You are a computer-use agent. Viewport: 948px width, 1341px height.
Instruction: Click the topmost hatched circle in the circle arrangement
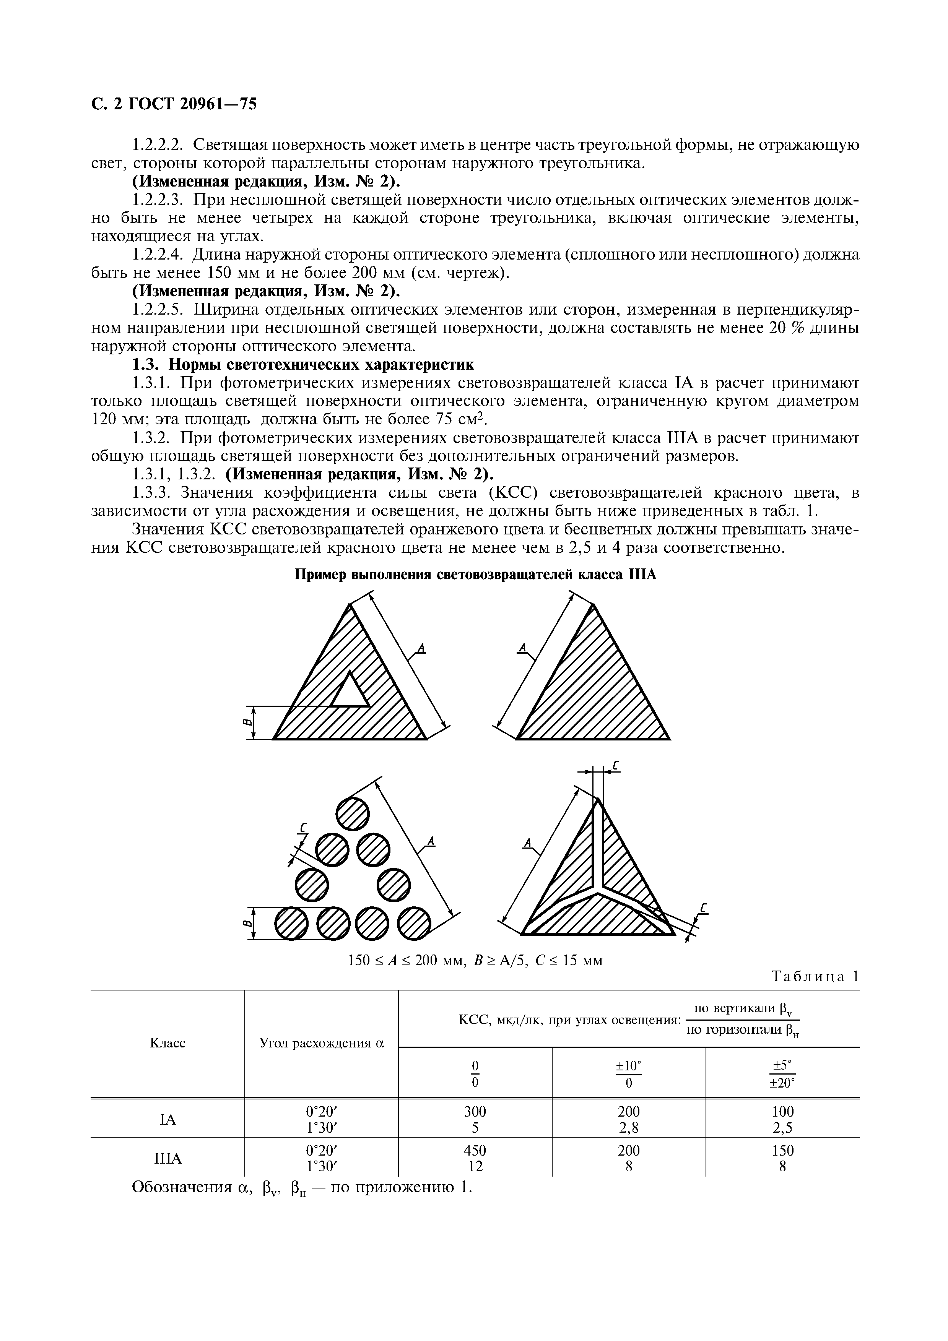(x=353, y=813)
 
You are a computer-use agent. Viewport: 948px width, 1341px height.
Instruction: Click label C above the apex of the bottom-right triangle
(x=616, y=767)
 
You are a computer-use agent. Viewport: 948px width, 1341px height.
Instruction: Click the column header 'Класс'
(x=167, y=1042)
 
